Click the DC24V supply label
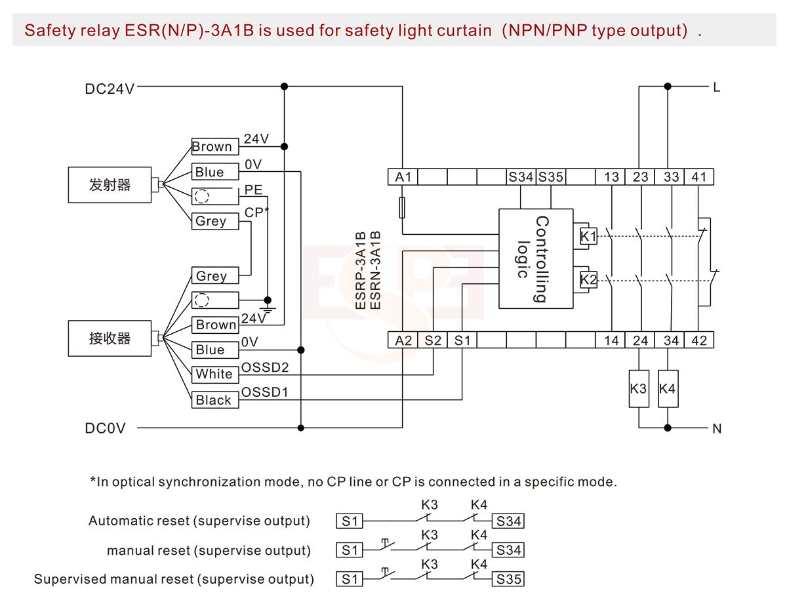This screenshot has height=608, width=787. [110, 89]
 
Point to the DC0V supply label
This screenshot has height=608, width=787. [105, 429]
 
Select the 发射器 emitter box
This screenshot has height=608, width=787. [110, 185]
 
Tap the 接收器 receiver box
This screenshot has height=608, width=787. [110, 338]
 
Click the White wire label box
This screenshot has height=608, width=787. [214, 375]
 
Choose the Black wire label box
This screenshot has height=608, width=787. [214, 400]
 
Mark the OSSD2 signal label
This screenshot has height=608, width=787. [265, 367]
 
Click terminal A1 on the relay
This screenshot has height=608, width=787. [403, 176]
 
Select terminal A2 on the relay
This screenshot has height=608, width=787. [403, 340]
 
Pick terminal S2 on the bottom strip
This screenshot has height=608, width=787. [433, 340]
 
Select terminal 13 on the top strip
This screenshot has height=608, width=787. [611, 176]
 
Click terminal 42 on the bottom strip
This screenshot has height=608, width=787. [699, 340]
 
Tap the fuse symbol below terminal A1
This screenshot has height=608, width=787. [403, 208]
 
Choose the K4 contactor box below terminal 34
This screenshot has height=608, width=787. [667, 389]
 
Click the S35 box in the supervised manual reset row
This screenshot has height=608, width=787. [508, 580]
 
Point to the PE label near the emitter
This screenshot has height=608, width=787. [253, 190]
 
